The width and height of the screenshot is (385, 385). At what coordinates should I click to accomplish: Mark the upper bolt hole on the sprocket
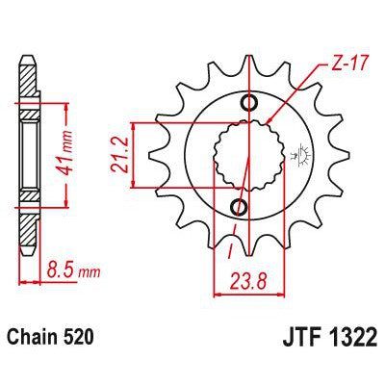251,103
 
